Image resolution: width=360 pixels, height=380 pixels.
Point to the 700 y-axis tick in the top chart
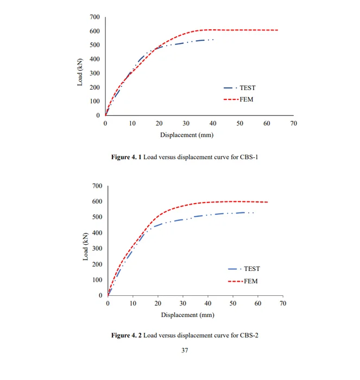click(x=94, y=17)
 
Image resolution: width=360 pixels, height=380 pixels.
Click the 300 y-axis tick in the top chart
click(x=94, y=73)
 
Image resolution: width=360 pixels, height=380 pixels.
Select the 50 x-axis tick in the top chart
click(x=240, y=124)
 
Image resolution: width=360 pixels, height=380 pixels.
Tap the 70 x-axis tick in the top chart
click(x=294, y=124)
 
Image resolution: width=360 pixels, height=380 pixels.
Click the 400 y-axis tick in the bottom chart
click(x=97, y=233)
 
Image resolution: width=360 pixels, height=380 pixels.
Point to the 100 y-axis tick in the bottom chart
click(x=97, y=280)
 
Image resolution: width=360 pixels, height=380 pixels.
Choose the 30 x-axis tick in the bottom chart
click(x=183, y=304)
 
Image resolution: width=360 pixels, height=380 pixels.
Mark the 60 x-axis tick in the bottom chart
click(x=258, y=304)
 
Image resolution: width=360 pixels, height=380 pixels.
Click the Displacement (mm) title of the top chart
click(x=186, y=135)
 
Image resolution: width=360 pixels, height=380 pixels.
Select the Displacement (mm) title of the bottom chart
click(x=188, y=315)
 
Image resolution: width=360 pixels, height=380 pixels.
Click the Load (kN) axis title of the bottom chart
click(x=85, y=247)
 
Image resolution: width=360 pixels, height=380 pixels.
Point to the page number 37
click(x=185, y=350)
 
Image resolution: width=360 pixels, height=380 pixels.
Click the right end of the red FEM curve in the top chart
click(x=277, y=30)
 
